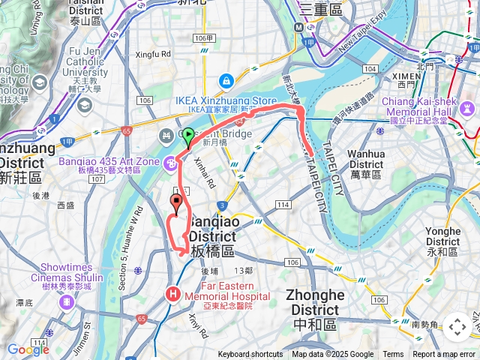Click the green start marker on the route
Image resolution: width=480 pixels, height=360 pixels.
pyautogui.click(x=187, y=136)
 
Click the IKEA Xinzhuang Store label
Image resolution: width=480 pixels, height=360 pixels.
pyautogui.click(x=226, y=100)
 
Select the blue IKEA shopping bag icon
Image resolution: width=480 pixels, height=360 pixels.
pyautogui.click(x=226, y=79)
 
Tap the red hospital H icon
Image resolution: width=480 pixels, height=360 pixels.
pyautogui.click(x=174, y=293)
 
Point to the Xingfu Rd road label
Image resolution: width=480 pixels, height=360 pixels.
pyautogui.click(x=153, y=54)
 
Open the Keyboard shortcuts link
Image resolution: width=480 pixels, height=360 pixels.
pyautogui.click(x=250, y=355)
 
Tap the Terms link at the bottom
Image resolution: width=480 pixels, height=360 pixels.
pyautogui.click(x=393, y=355)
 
